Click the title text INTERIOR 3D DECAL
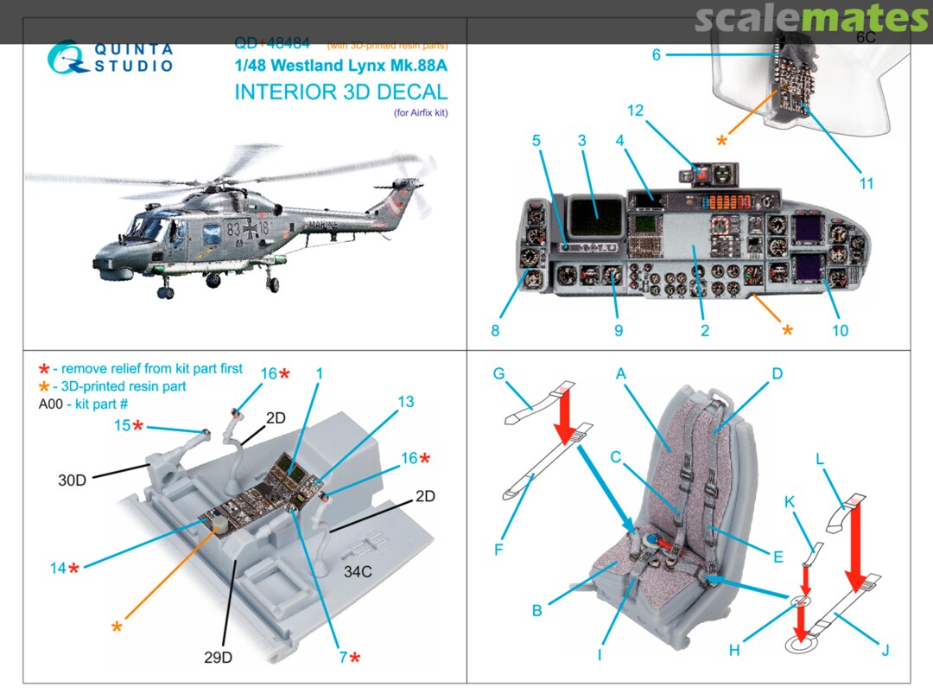tap(341, 93)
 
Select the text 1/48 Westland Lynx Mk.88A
tap(341, 65)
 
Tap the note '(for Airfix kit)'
tap(418, 112)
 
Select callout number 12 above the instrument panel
tap(635, 111)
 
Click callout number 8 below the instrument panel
tap(495, 330)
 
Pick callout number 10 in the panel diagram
tap(840, 331)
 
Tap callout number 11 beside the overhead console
tap(866, 183)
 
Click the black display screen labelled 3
tap(596, 216)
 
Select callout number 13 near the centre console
tap(405, 402)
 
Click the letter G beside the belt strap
tap(498, 373)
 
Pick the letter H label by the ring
tap(733, 650)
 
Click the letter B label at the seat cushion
tap(536, 610)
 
